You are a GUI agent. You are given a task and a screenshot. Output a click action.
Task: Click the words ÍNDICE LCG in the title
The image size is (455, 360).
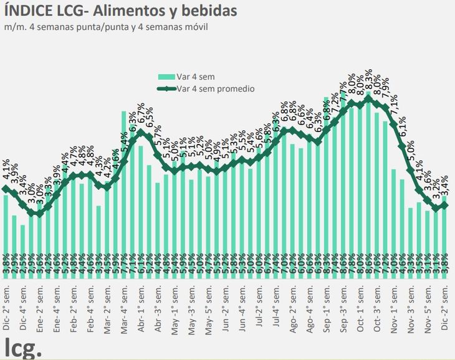[42, 11]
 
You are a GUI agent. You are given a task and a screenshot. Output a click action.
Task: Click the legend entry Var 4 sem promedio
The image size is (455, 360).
[216, 89]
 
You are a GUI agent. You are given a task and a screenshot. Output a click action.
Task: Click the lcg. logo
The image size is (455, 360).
[23, 347]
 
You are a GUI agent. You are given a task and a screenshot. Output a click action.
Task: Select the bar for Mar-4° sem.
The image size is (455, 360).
[123, 187]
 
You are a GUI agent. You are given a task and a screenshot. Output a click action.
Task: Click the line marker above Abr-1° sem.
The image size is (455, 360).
[140, 132]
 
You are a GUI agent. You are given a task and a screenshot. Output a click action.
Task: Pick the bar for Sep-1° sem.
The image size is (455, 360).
[327, 181]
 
